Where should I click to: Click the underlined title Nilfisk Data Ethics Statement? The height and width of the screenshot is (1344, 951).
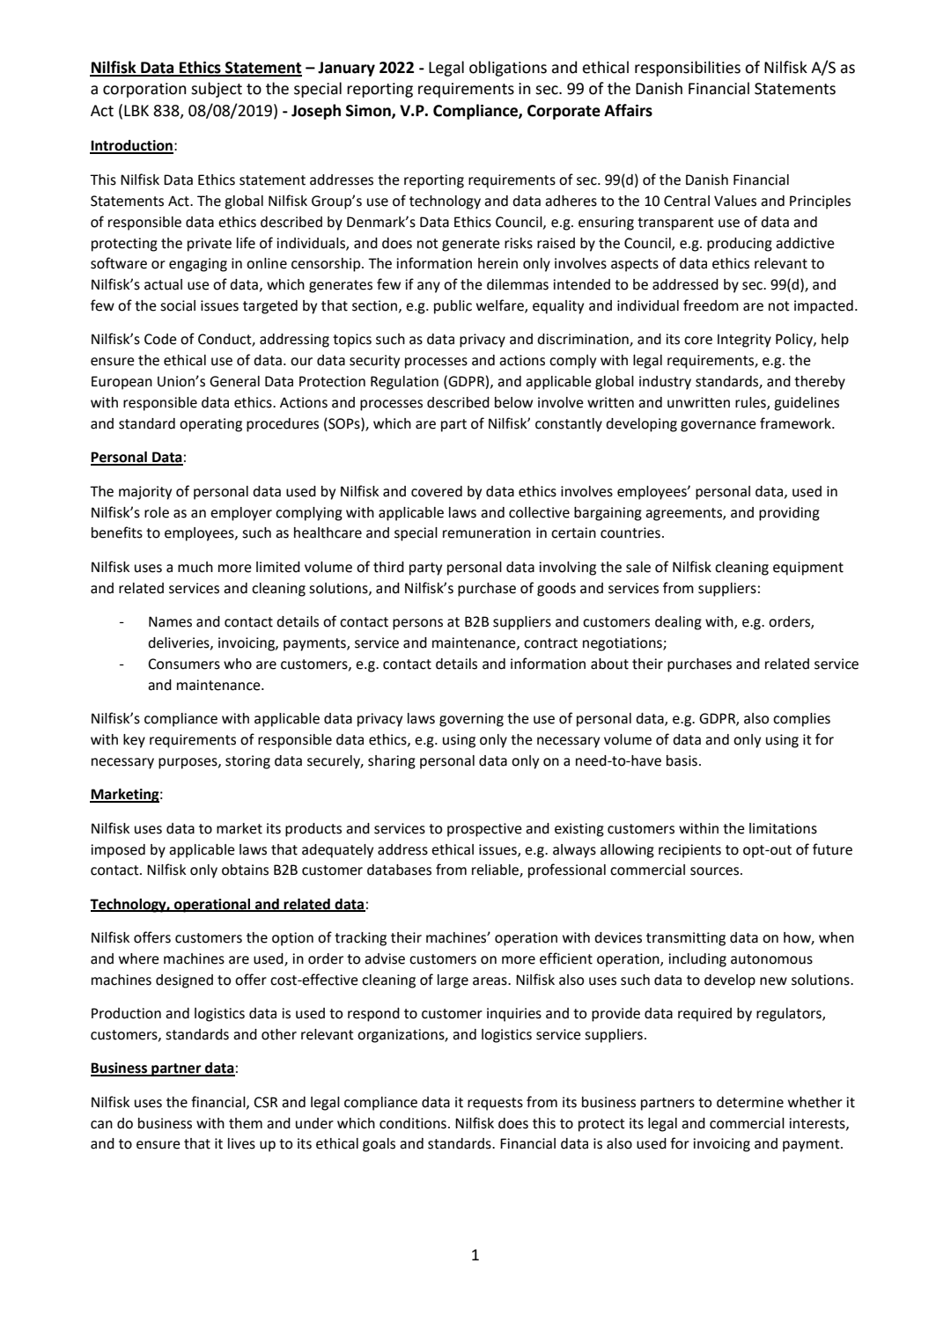point(196,68)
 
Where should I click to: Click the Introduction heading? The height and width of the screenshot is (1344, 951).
point(131,146)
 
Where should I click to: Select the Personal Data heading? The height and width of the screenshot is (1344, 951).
point(136,458)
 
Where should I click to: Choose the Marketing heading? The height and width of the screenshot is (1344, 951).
point(124,795)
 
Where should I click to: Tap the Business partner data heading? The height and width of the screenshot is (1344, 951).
point(162,1069)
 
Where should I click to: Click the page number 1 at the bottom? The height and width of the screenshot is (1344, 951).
point(475,1255)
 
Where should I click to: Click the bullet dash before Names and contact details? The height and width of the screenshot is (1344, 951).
point(121,622)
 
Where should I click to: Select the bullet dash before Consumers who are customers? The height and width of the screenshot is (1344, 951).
point(121,665)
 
